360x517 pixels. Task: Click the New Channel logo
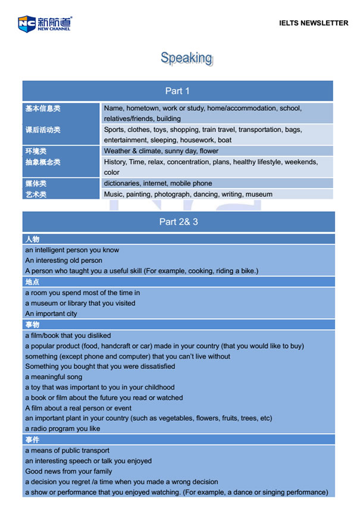tap(44, 23)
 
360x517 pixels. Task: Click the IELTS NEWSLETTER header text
tap(313, 23)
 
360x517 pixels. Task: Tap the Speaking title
tap(186, 58)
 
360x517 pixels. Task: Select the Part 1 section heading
tap(177, 91)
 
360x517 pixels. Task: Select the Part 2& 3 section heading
tap(178, 222)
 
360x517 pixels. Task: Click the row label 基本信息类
tap(43, 108)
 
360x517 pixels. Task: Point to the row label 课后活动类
tap(43, 130)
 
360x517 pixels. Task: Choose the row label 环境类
tap(36, 151)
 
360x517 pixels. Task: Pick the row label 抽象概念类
tap(43, 162)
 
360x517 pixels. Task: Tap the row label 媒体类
tap(36, 183)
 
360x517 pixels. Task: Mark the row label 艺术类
tap(36, 194)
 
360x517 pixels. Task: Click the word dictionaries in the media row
tap(123, 183)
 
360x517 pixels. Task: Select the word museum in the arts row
tap(259, 194)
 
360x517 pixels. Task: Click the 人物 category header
tap(32, 239)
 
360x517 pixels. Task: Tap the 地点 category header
tap(32, 282)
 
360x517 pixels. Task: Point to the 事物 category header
tap(32, 325)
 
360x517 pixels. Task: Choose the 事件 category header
tap(32, 440)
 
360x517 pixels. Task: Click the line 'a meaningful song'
tap(54, 377)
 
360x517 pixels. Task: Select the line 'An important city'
tap(51, 314)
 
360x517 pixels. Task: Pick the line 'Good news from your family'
tap(68, 471)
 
